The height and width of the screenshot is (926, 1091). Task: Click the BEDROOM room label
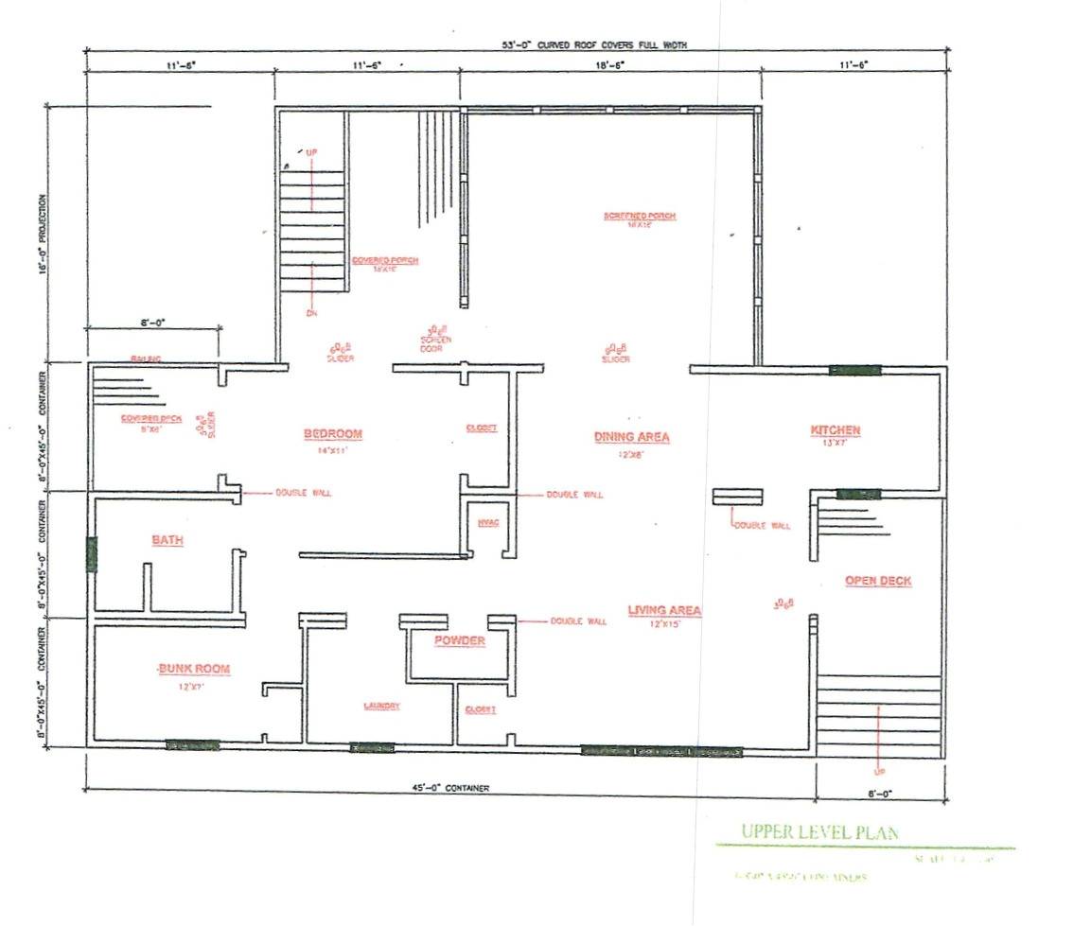coord(333,434)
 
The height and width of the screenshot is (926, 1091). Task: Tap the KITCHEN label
coord(836,430)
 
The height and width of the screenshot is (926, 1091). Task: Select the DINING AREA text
coord(632,437)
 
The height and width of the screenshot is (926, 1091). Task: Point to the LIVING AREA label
coord(664,610)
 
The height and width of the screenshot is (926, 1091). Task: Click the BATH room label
coord(167,540)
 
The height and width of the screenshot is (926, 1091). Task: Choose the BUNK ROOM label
coord(194,669)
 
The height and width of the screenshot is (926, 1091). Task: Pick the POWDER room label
coord(460,640)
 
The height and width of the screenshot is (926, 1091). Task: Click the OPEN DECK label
coord(878,581)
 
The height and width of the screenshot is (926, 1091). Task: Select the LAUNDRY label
coord(382,707)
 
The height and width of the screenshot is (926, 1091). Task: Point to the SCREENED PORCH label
coord(641,217)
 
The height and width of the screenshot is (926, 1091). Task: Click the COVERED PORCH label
coord(385,260)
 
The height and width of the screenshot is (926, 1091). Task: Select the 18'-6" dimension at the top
coord(609,64)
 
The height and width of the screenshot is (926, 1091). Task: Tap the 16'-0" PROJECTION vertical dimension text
coord(42,232)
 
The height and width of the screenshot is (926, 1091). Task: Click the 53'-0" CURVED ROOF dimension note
coord(594,44)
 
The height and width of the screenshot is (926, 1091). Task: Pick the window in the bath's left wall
coord(92,553)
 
